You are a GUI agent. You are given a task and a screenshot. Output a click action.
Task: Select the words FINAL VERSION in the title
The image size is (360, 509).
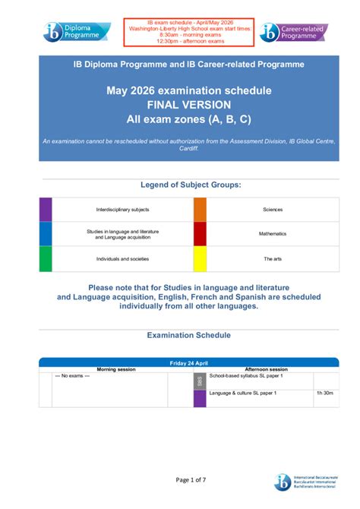pos(179,105)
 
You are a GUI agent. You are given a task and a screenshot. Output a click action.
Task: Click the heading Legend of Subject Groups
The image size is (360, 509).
pos(180,185)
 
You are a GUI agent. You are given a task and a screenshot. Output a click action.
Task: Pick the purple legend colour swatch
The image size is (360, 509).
pos(46,209)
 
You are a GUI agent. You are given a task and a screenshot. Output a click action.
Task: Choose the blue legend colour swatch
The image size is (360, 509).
pos(46,233)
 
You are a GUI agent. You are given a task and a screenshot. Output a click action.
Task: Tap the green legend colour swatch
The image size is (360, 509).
pos(46,258)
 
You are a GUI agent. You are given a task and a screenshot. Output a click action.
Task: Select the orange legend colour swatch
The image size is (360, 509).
pos(200,209)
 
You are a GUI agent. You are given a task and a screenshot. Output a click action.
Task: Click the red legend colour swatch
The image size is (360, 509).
pos(200,233)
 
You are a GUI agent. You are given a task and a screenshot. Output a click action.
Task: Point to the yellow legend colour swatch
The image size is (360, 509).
pos(200,258)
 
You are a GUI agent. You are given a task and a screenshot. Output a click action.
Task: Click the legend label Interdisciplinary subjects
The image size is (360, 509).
pos(122,209)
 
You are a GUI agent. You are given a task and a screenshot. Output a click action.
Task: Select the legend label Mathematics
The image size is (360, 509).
pos(273,233)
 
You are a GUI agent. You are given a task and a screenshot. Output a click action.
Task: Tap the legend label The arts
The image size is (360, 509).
pos(273,259)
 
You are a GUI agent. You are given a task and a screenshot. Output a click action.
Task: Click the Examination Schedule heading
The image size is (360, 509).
pos(180,335)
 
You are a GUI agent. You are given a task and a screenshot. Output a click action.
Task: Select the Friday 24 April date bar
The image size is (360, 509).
pos(180,363)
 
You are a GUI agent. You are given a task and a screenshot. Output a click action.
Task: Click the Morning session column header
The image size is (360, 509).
pos(116,369)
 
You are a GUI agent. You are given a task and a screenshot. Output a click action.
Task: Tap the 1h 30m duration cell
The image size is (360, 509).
pos(324,394)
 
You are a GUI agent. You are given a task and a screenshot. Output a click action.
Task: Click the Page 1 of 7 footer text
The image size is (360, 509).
pos(180,479)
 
